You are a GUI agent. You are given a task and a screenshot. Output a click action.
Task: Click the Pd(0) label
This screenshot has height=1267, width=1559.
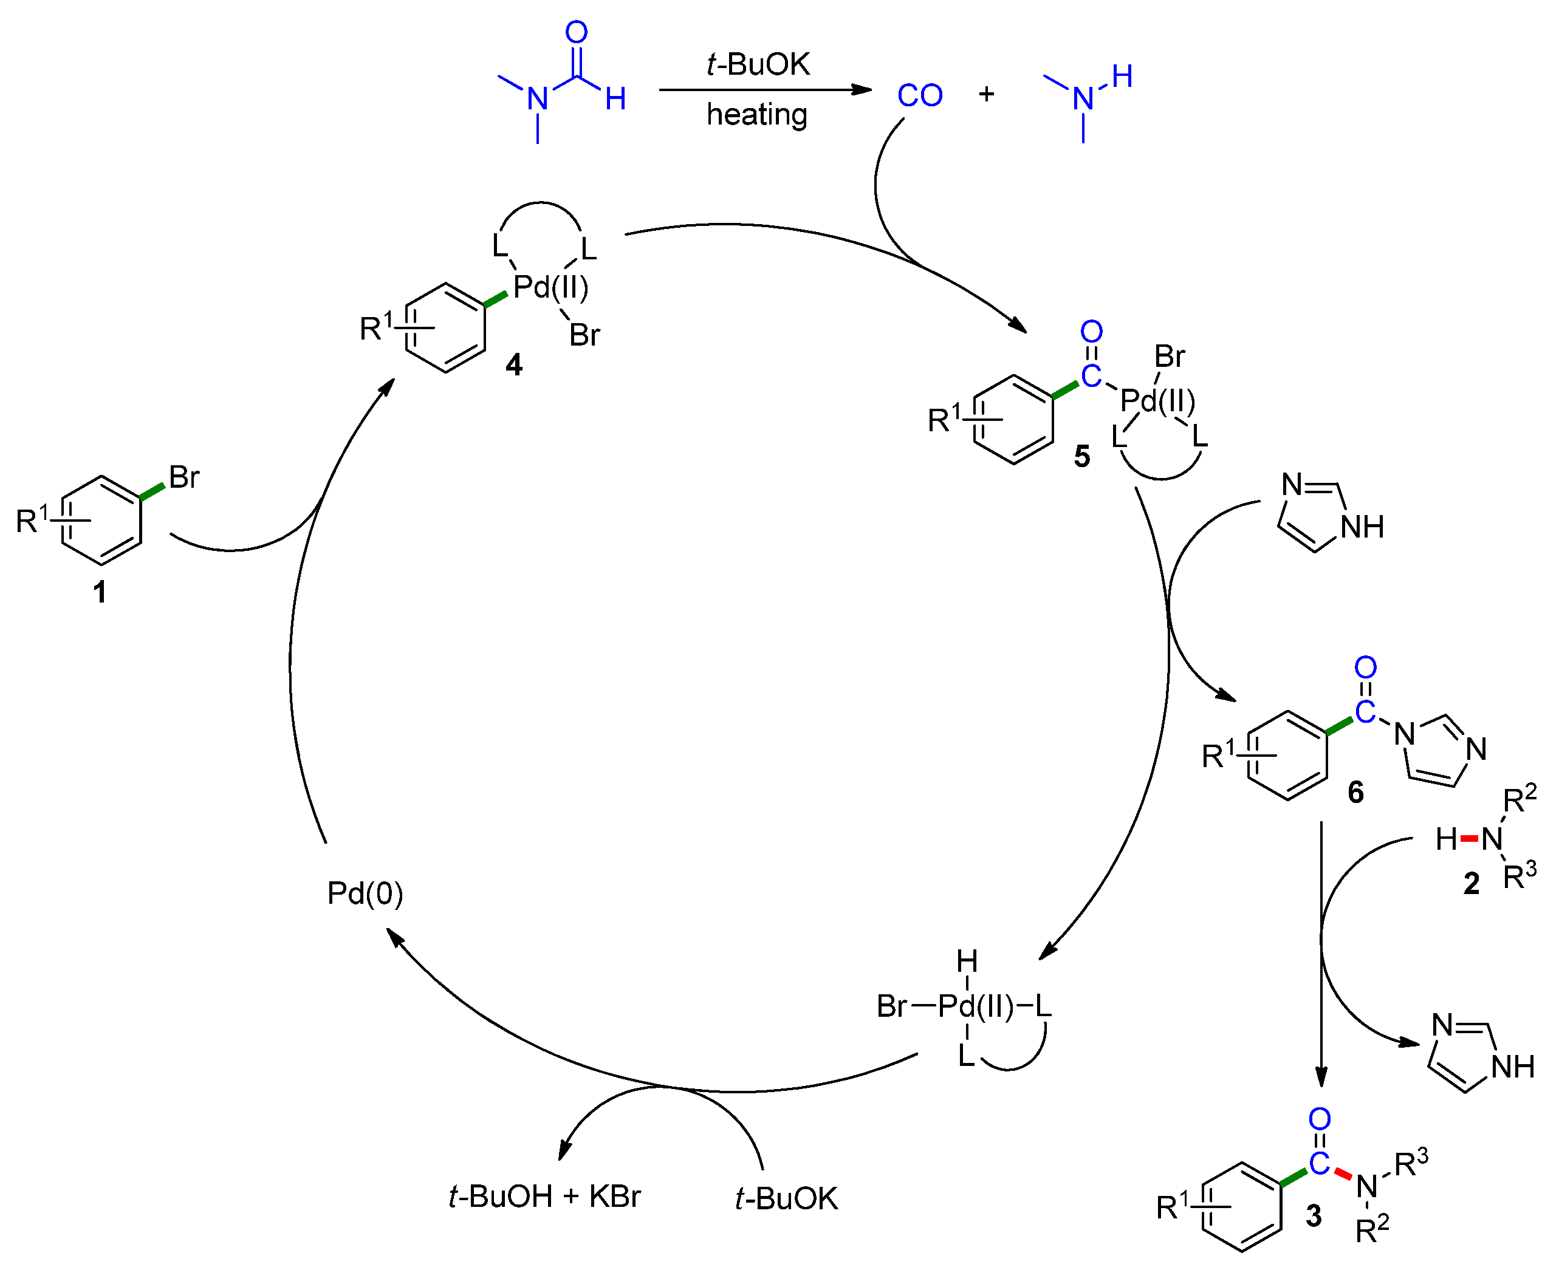coord(365,893)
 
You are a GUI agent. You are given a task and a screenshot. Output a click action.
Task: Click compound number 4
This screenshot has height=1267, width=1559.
coord(514,364)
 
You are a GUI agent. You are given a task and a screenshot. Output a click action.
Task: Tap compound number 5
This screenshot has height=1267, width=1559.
coord(1081,456)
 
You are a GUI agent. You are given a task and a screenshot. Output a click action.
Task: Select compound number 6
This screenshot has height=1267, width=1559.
coord(1355,792)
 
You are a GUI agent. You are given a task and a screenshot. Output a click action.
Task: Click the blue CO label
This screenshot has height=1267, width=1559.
coord(920,95)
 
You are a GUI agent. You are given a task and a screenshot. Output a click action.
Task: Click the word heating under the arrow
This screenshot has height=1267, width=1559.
coord(757,115)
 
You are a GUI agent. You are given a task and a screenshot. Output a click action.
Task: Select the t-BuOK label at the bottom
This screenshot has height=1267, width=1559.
coord(786,1198)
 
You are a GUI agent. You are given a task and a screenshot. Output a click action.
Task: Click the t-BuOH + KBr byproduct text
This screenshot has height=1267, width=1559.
coord(544,1197)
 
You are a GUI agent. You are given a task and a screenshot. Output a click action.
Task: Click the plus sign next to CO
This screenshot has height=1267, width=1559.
coord(986,94)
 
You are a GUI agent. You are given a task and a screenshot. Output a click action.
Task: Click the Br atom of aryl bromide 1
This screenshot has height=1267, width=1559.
coord(184,477)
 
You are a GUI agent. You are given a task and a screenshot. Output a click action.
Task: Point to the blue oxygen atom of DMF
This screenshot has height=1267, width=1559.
coord(576,32)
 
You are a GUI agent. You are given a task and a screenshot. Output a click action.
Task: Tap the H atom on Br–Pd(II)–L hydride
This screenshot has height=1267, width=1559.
coord(967,961)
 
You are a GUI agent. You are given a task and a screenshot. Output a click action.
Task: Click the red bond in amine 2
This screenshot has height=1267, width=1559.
coord(1469,839)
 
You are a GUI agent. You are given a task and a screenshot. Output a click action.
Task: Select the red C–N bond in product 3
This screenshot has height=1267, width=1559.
coord(1343,1174)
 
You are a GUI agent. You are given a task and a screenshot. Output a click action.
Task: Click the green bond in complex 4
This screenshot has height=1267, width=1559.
coord(496,298)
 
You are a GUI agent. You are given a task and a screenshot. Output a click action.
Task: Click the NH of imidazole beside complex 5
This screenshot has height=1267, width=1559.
coord(1362,527)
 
